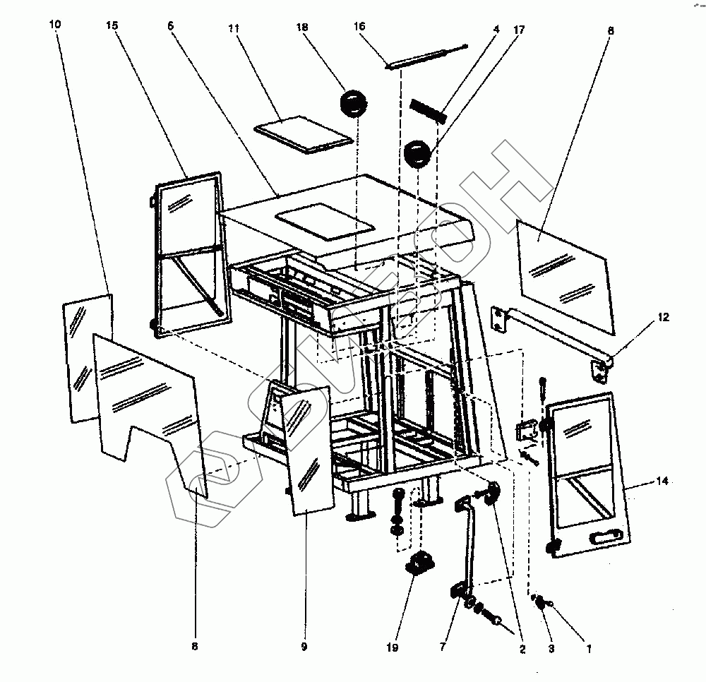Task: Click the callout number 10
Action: [x=56, y=25]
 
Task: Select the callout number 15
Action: [x=112, y=25]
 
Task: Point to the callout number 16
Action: [x=359, y=26]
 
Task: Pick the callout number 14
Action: [x=662, y=481]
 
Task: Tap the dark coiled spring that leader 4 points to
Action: [x=429, y=111]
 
